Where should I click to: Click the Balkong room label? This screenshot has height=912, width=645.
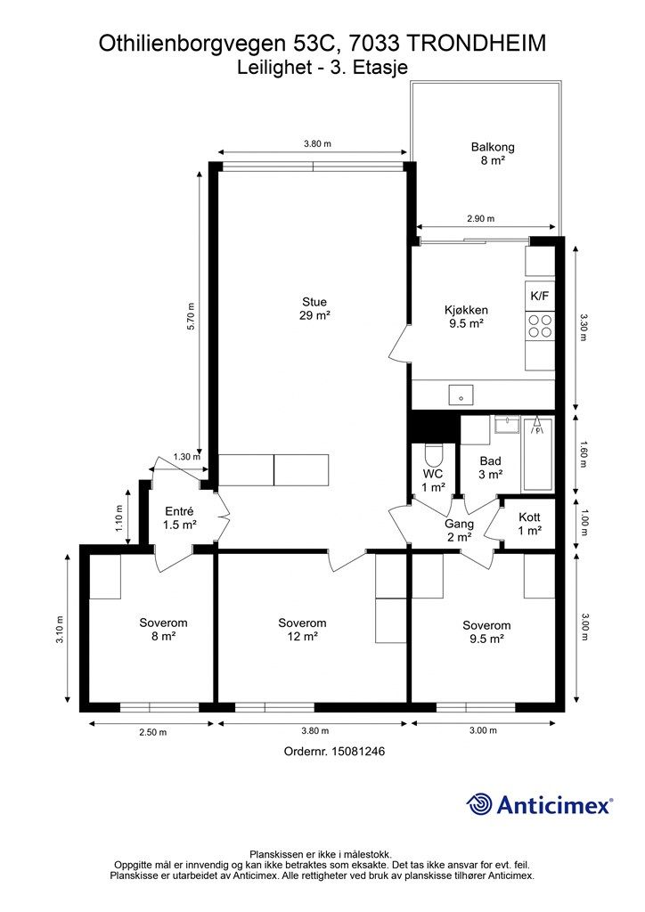pos(493,153)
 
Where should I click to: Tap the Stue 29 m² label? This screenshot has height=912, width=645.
pos(314,309)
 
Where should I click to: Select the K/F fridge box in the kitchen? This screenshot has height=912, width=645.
pos(540,296)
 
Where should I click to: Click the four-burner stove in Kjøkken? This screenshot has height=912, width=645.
pos(540,326)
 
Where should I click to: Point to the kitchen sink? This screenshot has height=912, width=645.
pos(461,395)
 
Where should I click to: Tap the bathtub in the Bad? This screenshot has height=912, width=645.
pos(537,453)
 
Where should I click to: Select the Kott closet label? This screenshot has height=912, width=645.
pos(530,524)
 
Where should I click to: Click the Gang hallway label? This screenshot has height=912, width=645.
pos(459,531)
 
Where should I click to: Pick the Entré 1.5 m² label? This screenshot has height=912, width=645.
pos(180,517)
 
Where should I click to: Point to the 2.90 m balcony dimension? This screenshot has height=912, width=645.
pos(480,219)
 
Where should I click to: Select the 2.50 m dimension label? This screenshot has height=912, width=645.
pos(152,732)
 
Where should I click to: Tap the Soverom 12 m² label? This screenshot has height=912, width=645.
pos(302,630)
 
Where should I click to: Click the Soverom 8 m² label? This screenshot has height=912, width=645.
pos(163,630)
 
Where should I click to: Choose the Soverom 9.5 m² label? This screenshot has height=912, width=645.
pos(486,631)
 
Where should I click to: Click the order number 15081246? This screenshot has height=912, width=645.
pos(357,751)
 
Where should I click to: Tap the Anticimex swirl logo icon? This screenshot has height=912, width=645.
pos(478,804)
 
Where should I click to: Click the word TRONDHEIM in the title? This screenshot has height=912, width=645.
pos(475,44)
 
